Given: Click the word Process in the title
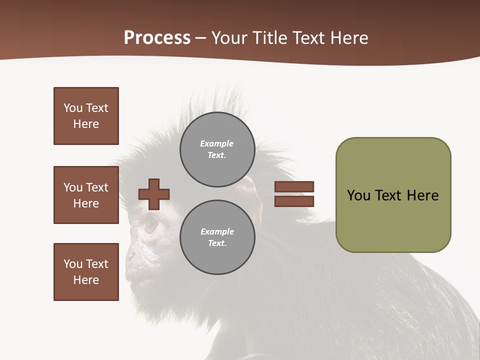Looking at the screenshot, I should tap(157, 38).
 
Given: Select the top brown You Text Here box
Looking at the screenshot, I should tap(86, 116).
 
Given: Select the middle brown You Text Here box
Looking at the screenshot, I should tap(86, 195).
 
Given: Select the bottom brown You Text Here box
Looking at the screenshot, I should tap(86, 272).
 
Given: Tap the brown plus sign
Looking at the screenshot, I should tap(154, 194).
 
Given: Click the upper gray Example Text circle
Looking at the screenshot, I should tap(217, 149).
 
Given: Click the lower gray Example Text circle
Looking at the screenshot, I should tap(217, 237).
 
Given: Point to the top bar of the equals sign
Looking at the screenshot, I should tap(294, 186).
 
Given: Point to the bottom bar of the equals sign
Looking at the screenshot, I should tap(294, 201).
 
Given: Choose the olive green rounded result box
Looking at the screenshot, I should tap(393, 195).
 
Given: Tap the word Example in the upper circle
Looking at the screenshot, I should tap(216, 143).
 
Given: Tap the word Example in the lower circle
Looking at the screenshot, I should tap(217, 231).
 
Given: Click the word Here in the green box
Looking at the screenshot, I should tap(422, 195).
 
